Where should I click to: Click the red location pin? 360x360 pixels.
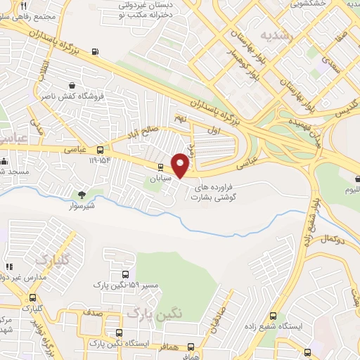point(181,165)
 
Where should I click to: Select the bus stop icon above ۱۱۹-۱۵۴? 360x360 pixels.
point(100,150)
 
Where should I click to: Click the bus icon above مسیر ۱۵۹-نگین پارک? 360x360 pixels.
point(125,275)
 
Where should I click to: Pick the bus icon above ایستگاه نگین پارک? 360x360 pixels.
point(120,333)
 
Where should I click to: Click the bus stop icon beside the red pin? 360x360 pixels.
point(160,167)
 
